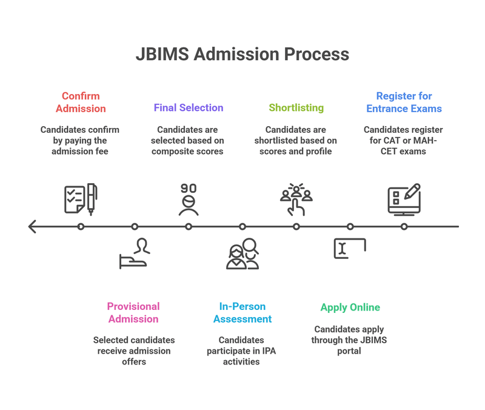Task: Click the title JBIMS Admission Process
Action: (242, 54)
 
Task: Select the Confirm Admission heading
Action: (81, 102)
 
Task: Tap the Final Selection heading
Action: (189, 107)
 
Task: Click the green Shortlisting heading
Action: (296, 107)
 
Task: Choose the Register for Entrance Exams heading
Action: (404, 102)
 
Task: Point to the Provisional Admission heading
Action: (133, 312)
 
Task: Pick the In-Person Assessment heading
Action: (242, 312)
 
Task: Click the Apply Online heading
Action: (350, 307)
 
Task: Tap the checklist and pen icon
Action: (81, 199)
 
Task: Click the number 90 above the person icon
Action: (189, 189)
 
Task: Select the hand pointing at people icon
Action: (296, 199)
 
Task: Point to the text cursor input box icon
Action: (350, 248)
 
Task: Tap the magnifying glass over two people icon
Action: (242, 253)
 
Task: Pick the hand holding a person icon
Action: (135, 253)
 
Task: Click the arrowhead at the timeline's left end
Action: (32, 226)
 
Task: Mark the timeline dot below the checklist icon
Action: (81, 226)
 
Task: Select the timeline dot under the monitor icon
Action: (404, 226)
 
